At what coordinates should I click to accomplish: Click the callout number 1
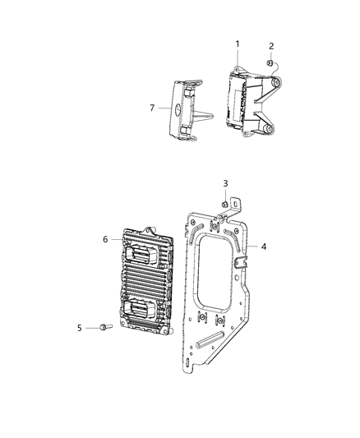click(x=238, y=43)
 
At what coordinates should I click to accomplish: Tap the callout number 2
click(x=272, y=47)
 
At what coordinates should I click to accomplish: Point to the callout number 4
click(x=264, y=246)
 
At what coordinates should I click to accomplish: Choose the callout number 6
click(x=105, y=239)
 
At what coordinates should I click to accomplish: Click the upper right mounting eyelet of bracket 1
click(x=276, y=85)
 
